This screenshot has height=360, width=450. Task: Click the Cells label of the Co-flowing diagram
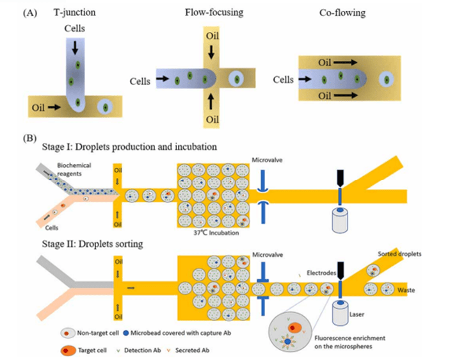coord(283,80)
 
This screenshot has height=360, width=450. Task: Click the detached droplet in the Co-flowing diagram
coord(386,79)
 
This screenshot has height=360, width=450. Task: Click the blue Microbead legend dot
coord(125,334)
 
